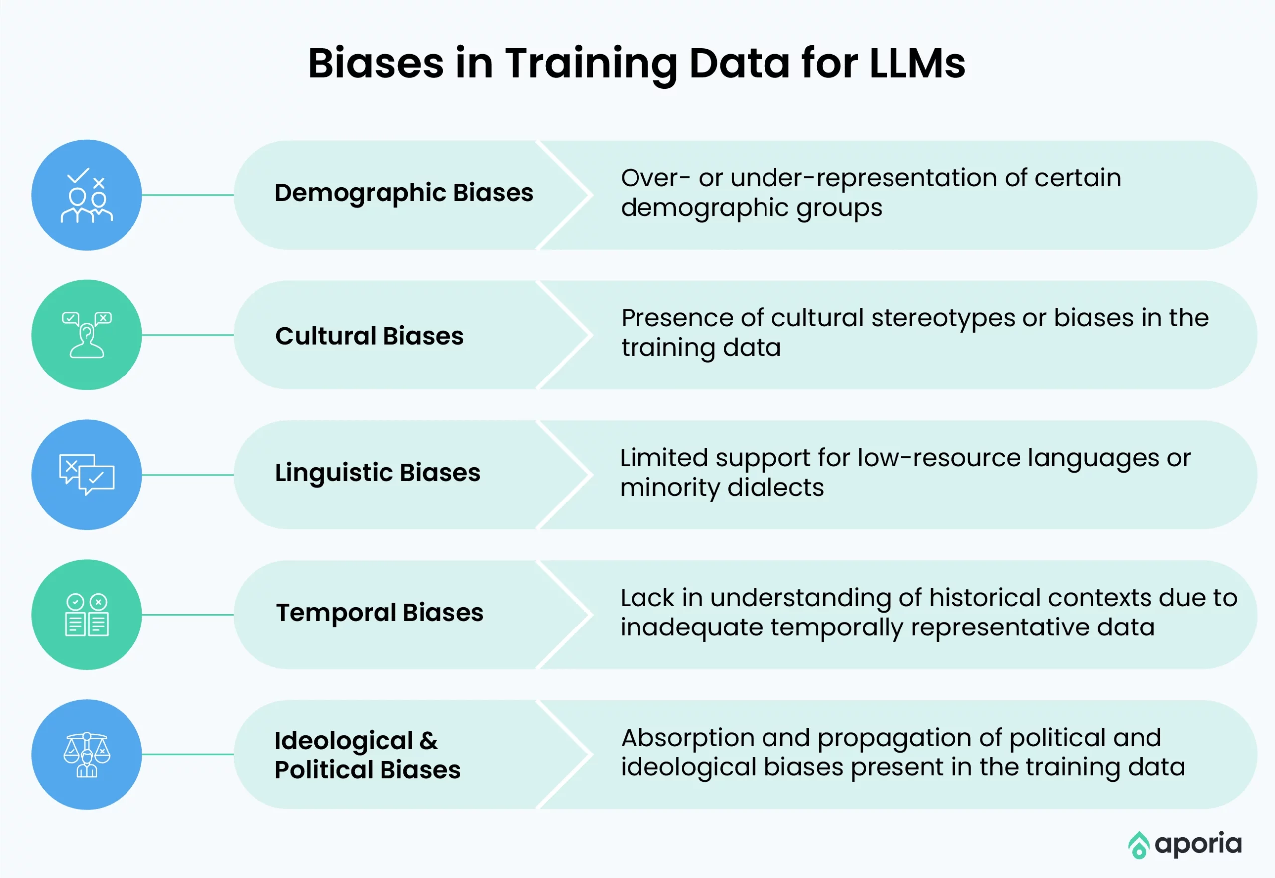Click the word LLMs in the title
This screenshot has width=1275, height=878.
click(917, 63)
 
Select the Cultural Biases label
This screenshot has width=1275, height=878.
click(370, 336)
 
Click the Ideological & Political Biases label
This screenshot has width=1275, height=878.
click(368, 755)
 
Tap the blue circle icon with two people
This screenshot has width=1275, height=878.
click(87, 195)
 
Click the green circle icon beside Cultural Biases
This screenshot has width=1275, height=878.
click(87, 335)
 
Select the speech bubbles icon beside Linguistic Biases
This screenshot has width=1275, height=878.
click(87, 475)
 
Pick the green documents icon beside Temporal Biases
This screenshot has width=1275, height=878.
click(87, 615)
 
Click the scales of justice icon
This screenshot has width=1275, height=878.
click(87, 754)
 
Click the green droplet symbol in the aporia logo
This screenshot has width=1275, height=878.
click(1139, 845)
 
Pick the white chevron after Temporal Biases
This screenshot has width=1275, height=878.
click(565, 615)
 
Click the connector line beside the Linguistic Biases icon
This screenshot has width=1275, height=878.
click(188, 475)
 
